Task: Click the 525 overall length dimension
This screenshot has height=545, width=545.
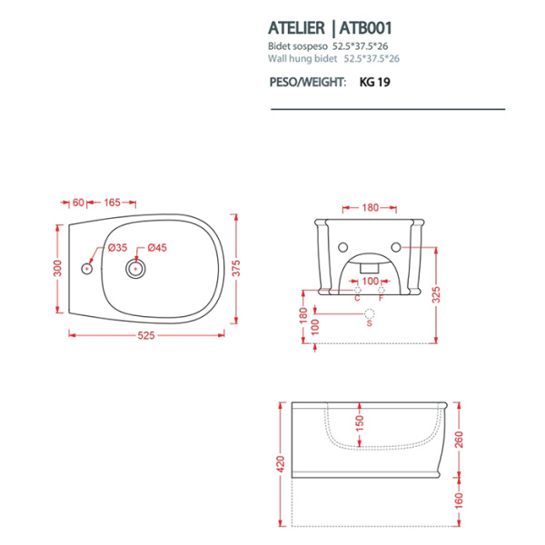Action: click(146, 335)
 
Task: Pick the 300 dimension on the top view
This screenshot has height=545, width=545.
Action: click(56, 269)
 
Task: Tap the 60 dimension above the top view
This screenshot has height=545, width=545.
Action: click(78, 202)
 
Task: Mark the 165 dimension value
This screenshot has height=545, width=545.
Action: click(114, 202)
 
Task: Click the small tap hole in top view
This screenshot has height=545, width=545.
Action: click(87, 268)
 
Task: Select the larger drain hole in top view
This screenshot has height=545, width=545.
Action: click(136, 268)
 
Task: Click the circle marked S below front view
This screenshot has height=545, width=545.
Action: click(369, 313)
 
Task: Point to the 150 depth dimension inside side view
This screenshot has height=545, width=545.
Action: click(360, 424)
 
